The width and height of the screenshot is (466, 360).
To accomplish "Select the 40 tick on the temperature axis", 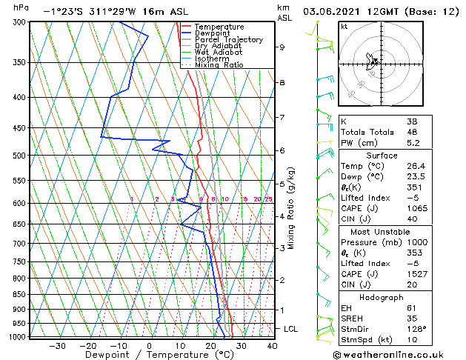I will (x=272, y=345).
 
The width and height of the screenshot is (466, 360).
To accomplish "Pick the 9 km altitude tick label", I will (x=282, y=47).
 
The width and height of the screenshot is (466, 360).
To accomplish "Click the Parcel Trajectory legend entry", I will (x=228, y=40).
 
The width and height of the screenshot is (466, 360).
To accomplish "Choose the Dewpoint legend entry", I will (x=214, y=33).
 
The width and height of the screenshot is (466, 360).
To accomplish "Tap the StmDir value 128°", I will (x=416, y=329).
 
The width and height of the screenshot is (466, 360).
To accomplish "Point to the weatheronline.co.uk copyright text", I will (x=399, y=354).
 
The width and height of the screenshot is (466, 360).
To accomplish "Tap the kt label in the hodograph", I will (x=344, y=26).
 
